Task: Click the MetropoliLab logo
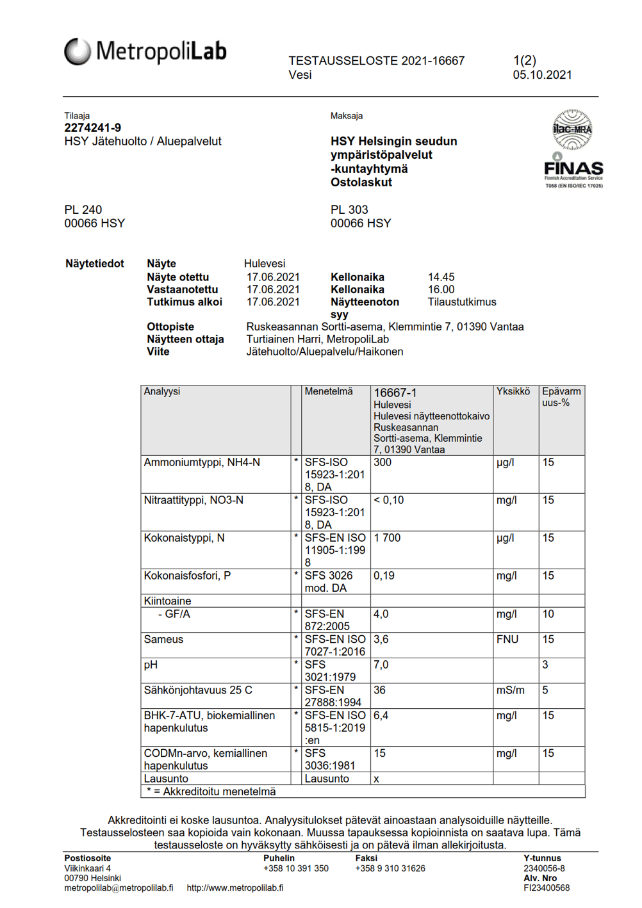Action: [145, 51]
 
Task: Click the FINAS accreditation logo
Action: [573, 149]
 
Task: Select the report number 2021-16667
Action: [432, 61]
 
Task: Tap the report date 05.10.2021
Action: [542, 75]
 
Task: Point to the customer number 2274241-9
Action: [92, 128]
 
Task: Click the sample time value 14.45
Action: [441, 277]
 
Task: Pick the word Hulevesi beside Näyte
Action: [265, 264]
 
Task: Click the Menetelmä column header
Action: [329, 391]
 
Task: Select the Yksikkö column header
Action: [513, 391]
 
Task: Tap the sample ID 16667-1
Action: [395, 393]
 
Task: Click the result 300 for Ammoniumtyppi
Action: [383, 462]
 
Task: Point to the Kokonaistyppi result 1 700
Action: [387, 538]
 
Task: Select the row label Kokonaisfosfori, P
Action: [187, 576]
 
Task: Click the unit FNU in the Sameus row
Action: [507, 639]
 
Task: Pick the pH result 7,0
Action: [381, 665]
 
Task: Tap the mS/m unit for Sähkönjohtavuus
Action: [510, 690]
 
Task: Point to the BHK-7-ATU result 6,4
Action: [381, 715]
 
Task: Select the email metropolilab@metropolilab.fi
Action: [119, 888]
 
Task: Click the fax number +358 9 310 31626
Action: [390, 868]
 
